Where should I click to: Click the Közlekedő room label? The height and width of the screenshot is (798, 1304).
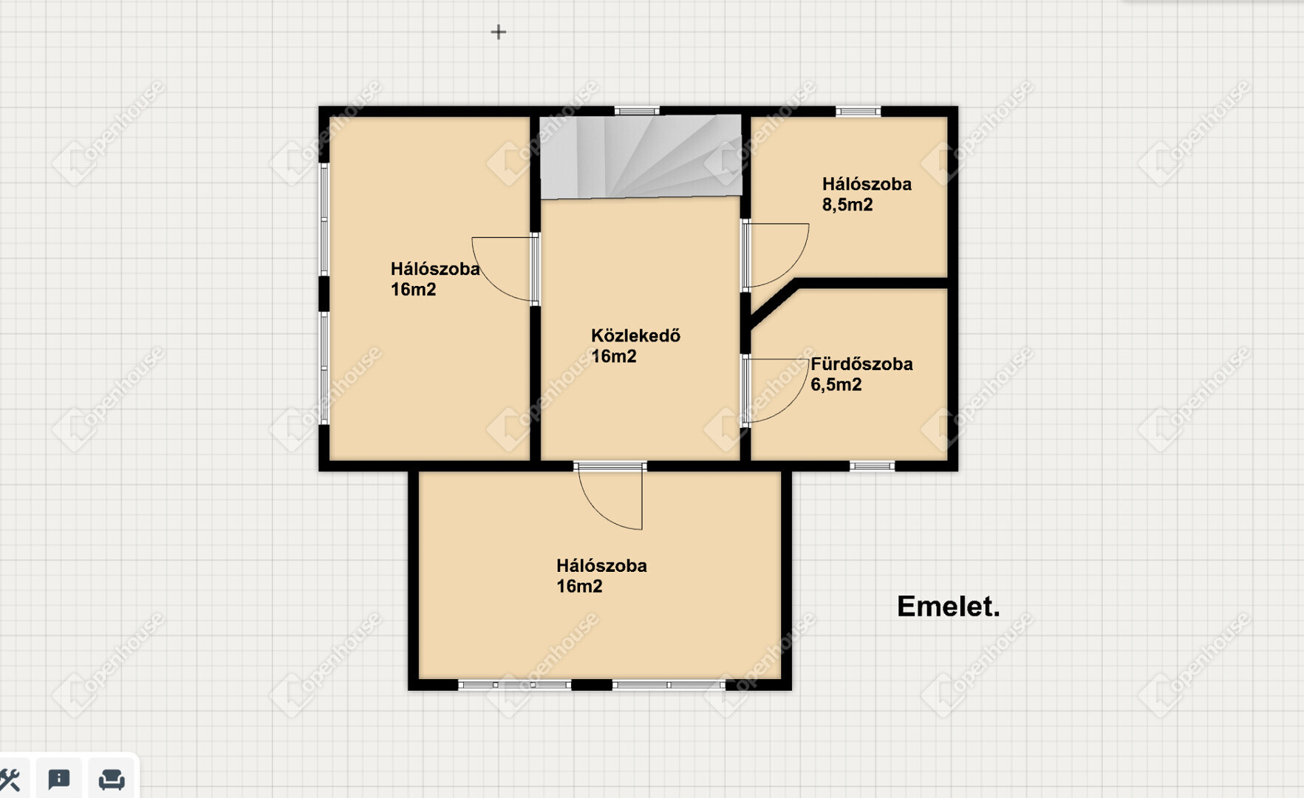[635, 336]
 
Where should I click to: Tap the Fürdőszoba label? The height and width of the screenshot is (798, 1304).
[861, 364]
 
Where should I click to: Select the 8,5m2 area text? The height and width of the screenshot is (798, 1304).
[847, 205]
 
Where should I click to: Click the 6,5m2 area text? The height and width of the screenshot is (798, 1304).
[836, 385]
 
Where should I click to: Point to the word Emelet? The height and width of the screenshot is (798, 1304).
[949, 607]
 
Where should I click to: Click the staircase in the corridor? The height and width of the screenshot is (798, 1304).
[641, 157]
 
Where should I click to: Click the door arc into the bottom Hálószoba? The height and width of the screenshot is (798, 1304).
[598, 510]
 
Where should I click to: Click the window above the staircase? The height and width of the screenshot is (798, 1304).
[636, 112]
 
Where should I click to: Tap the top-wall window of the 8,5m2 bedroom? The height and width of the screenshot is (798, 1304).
[858, 112]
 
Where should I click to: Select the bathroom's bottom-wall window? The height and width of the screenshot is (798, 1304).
[872, 466]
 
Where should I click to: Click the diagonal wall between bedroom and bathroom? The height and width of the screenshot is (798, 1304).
[773, 304]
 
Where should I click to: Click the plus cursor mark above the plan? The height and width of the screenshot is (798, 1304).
[499, 32]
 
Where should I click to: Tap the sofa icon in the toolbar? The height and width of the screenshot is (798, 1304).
[112, 779]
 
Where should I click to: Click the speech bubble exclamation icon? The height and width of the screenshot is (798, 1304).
[59, 779]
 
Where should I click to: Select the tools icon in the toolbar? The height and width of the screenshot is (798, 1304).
[10, 780]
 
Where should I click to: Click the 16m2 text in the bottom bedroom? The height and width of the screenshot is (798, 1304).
[579, 587]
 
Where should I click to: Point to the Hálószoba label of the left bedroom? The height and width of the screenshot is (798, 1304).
[435, 269]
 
